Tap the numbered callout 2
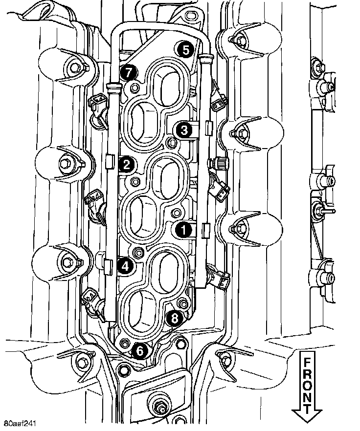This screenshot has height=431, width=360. click(x=126, y=164)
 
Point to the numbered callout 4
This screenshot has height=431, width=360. click(x=125, y=266)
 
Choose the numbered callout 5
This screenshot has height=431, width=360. click(x=184, y=49)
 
